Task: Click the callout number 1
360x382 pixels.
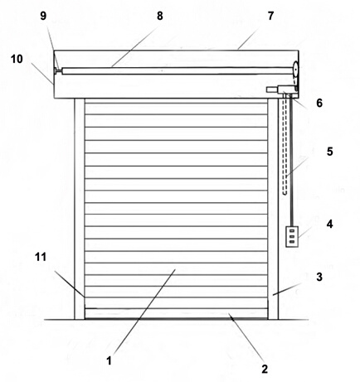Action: click(109, 360)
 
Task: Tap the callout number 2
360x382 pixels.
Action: click(265, 369)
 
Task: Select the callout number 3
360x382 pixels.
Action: click(319, 277)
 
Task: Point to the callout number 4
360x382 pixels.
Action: click(329, 224)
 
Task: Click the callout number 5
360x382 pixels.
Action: click(330, 152)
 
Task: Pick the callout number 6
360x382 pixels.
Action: click(319, 103)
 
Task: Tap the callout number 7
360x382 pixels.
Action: click(270, 16)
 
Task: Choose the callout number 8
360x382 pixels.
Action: click(160, 16)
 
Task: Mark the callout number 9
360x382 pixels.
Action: click(43, 16)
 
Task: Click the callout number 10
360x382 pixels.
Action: click(17, 59)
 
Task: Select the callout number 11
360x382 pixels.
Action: click(41, 257)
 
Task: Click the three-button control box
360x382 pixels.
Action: click(292, 236)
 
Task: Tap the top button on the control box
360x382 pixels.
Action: click(291, 230)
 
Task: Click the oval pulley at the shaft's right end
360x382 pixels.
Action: click(295, 68)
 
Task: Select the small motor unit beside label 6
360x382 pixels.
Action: click(282, 89)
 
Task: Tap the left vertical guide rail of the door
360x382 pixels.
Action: click(80, 209)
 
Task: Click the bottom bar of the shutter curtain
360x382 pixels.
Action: click(176, 313)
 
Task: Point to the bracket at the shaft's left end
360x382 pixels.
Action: click(58, 70)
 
